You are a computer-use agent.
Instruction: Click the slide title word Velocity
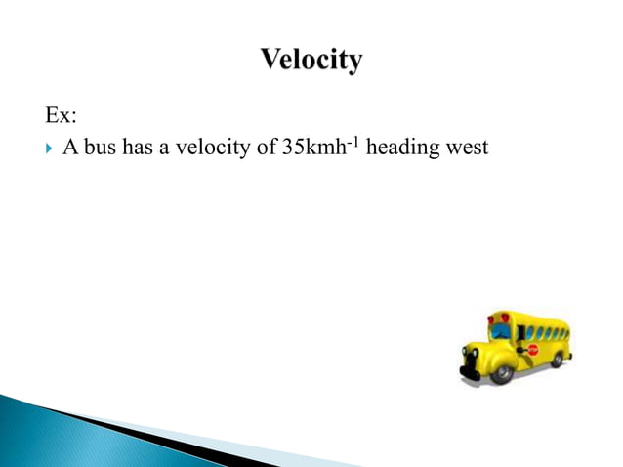point(311,60)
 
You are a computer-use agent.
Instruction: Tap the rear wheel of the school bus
point(558,359)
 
